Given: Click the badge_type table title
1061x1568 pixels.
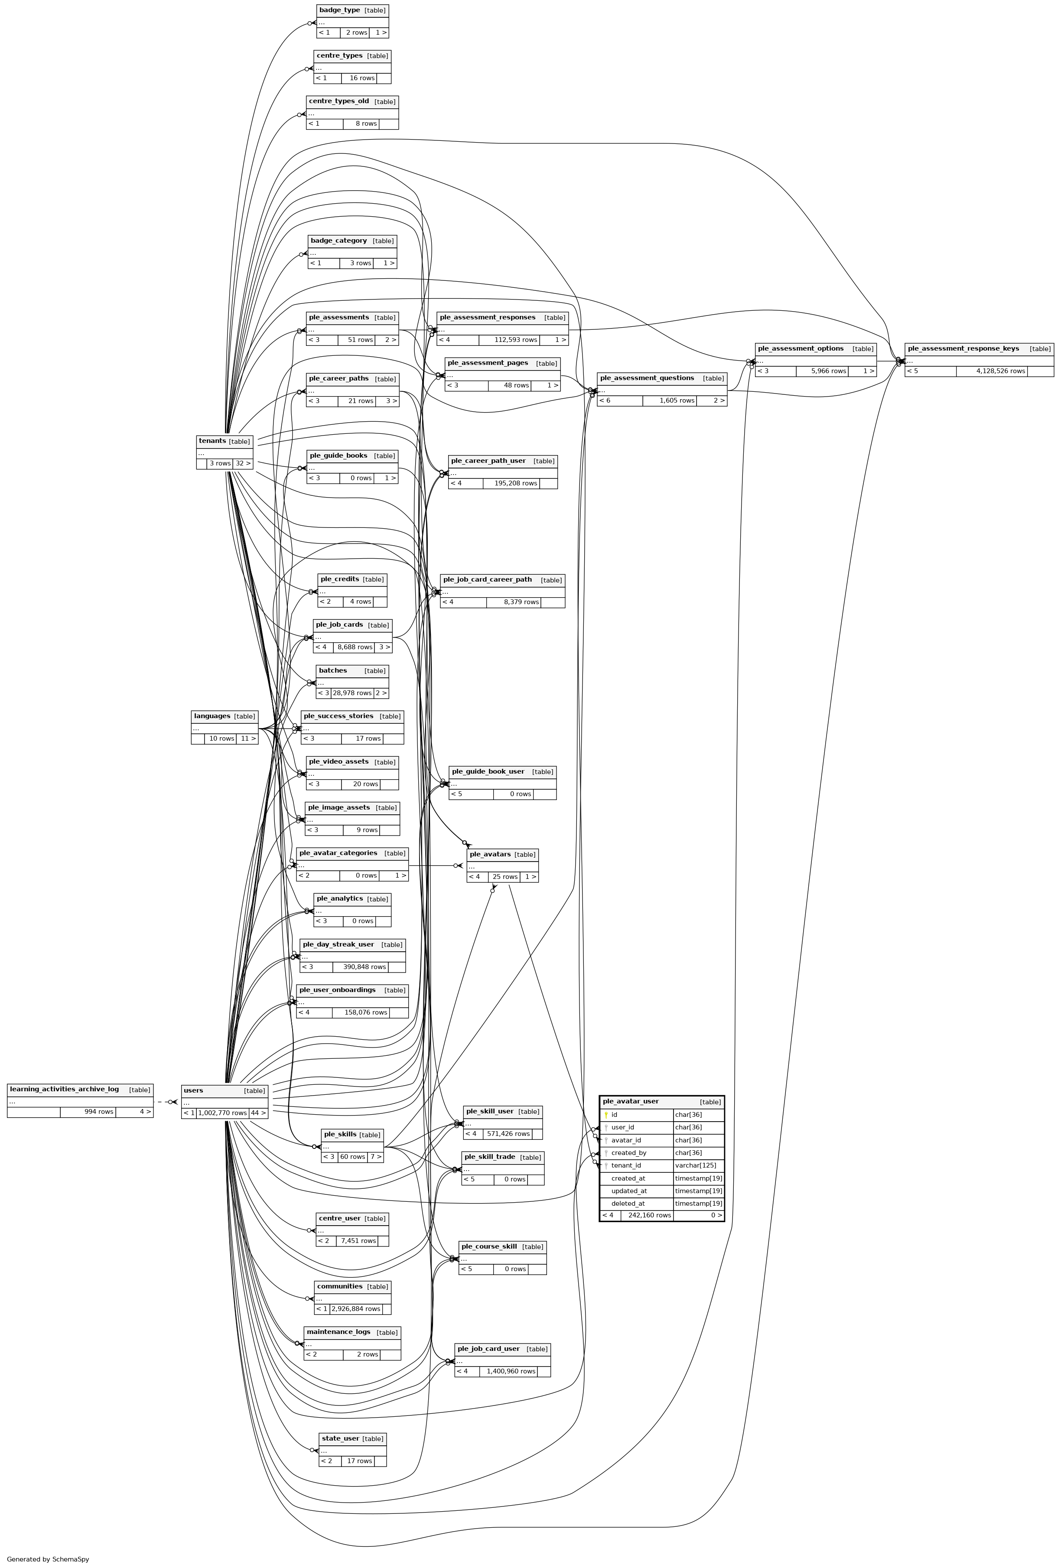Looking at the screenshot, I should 339,10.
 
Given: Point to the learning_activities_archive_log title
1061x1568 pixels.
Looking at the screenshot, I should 64,1089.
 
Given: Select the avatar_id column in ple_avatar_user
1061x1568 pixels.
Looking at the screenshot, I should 626,1140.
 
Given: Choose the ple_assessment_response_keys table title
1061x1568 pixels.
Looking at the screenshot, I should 963,349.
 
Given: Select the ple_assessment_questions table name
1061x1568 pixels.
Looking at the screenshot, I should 647,378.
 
